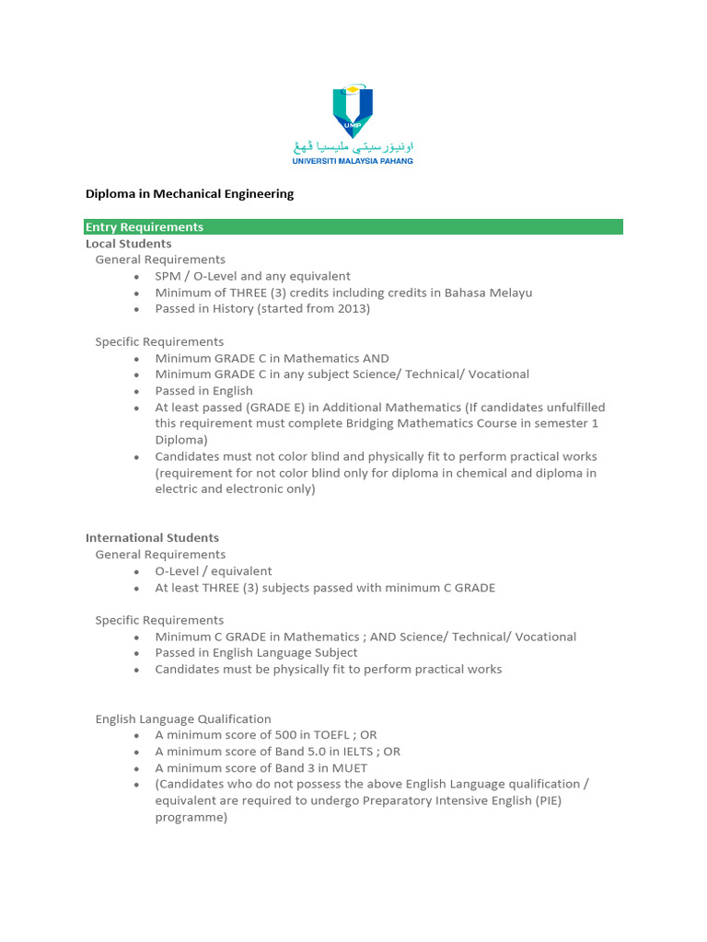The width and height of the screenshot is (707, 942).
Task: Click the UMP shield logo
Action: (353, 110)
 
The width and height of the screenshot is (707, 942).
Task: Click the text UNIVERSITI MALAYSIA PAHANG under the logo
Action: (353, 161)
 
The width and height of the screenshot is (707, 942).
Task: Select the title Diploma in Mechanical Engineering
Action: (190, 194)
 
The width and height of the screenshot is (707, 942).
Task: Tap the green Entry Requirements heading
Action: (145, 227)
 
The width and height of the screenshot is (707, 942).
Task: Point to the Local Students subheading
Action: (129, 244)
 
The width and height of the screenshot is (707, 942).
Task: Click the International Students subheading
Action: (153, 537)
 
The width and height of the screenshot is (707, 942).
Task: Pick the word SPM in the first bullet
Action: (168, 276)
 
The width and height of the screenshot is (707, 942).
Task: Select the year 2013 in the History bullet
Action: (351, 309)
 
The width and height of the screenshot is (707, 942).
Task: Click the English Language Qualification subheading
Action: (183, 718)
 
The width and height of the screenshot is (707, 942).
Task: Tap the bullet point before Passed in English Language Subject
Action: (136, 653)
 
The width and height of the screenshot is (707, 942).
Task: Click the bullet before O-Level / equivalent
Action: (136, 571)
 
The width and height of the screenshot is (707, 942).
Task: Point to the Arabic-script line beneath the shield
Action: (353, 147)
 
